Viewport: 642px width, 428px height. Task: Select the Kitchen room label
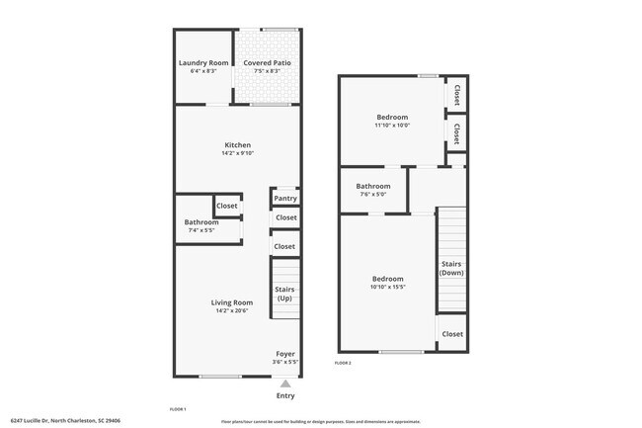[237, 145]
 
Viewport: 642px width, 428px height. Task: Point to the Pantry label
[285, 199]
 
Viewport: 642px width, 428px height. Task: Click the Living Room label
[232, 302]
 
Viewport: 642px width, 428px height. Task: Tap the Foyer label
[285, 354]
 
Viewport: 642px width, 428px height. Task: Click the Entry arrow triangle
[285, 384]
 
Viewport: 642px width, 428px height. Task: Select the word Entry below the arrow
[285, 395]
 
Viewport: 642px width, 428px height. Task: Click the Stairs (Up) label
[284, 294]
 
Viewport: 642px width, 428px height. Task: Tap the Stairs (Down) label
[451, 268]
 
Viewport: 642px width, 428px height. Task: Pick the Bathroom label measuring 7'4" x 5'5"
[201, 222]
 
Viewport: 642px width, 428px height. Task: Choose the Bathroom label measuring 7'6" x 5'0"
[373, 186]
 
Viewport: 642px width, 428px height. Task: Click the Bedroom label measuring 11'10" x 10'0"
[391, 117]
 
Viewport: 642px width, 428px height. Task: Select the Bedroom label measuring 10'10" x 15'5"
[387, 279]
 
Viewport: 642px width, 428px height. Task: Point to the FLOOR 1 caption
[178, 408]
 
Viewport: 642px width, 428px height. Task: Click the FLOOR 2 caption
[343, 364]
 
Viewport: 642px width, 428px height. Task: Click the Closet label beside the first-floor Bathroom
[227, 206]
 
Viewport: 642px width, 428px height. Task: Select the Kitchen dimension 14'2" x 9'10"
[237, 153]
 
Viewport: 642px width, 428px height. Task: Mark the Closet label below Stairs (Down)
[452, 334]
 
